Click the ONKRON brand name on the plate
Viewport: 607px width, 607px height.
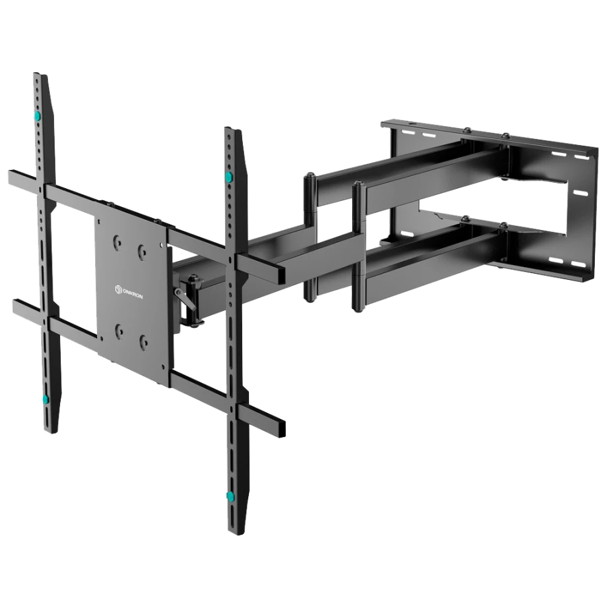pyautogui.click(x=132, y=293)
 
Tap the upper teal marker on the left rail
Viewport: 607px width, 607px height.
pyautogui.click(x=38, y=115)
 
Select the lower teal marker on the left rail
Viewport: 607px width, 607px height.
pyautogui.click(x=46, y=399)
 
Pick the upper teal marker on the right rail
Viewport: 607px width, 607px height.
pyautogui.click(x=229, y=177)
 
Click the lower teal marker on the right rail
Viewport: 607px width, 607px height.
pyautogui.click(x=231, y=496)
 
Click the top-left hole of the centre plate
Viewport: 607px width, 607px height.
pyautogui.click(x=117, y=242)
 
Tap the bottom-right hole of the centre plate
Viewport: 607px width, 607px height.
pyautogui.click(x=144, y=342)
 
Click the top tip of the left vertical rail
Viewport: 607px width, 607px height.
pyautogui.click(x=40, y=74)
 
